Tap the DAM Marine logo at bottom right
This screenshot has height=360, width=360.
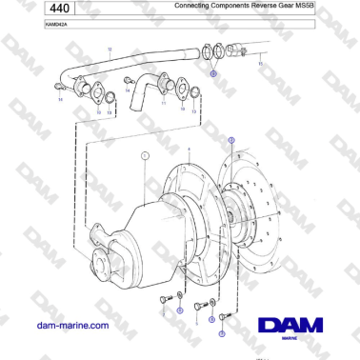(290, 327)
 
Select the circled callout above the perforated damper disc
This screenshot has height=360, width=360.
(230, 140)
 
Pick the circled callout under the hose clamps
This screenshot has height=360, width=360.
(212, 72)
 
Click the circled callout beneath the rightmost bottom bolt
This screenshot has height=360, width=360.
(222, 334)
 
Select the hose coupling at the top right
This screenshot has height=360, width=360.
(246, 53)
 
